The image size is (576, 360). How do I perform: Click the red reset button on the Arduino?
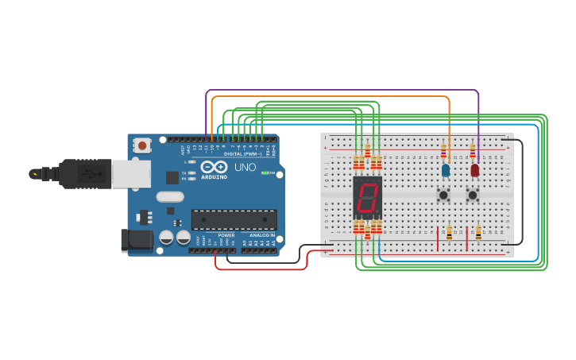142,145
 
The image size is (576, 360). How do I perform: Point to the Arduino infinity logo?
215,167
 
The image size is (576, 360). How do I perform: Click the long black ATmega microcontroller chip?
234,219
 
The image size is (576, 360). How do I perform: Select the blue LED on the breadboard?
446,169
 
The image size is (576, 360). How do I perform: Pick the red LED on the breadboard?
475,169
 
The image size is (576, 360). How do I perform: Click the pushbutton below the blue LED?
443,194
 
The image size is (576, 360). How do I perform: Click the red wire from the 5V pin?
262,269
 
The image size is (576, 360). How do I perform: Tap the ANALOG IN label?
261,235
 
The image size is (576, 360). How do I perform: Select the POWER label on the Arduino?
226,235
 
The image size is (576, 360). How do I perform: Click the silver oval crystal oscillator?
170,196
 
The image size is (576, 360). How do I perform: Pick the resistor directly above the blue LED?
443,150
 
